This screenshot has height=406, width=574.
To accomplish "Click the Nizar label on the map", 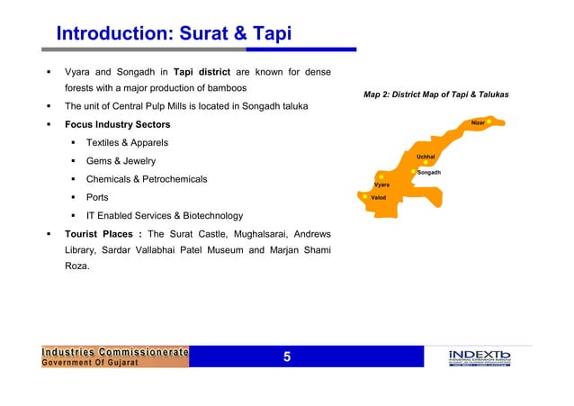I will click(477, 122).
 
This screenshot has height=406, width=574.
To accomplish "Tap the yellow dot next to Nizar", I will click(489, 122).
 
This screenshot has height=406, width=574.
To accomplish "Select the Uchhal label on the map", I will click(426, 156).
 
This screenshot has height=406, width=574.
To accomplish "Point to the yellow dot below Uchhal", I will click(426, 163).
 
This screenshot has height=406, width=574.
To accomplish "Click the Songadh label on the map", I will click(428, 172).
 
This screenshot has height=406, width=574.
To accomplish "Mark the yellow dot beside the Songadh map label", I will click(413, 171).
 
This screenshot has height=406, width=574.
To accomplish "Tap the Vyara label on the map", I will click(382, 185).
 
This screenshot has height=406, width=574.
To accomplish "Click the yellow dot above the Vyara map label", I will click(381, 176).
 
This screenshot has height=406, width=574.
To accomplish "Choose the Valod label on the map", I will click(379, 197).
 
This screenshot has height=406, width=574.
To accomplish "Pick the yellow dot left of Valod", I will click(365, 197).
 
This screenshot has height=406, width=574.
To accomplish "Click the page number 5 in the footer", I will click(287, 357).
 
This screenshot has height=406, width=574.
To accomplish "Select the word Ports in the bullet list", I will click(98, 197).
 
